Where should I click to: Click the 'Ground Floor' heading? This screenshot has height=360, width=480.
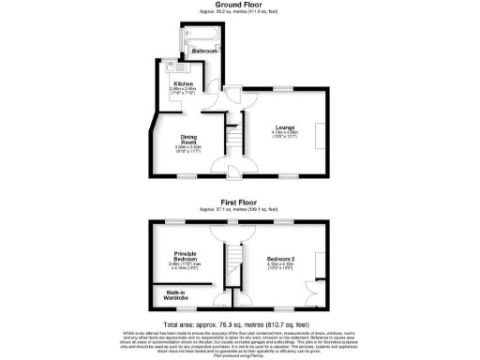click(239, 6)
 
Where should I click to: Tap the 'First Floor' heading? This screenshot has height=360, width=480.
click(239, 202)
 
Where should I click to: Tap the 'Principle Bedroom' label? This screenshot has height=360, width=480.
click(180, 255)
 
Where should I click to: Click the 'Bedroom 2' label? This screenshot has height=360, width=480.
click(281, 257)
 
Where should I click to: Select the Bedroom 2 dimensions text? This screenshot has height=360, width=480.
click(281, 265)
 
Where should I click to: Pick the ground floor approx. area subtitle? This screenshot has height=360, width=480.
click(239, 12)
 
